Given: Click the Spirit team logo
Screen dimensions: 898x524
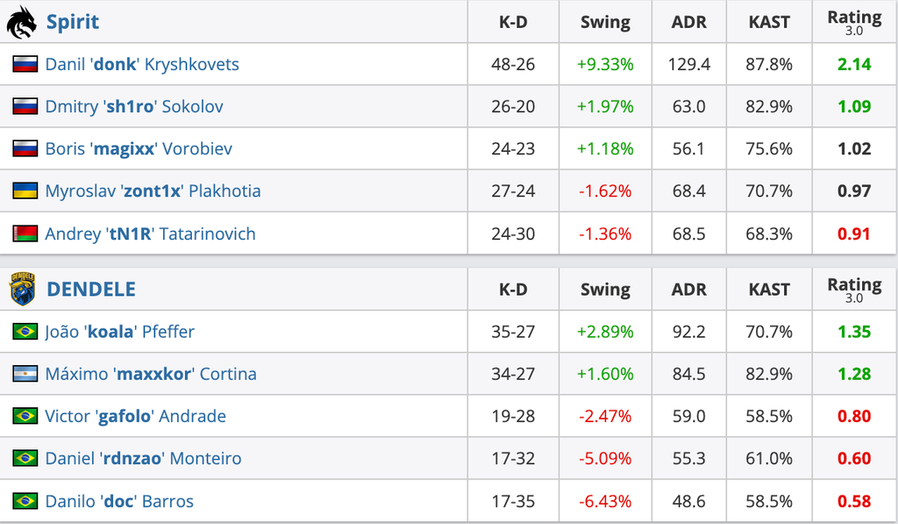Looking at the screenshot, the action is (x=22, y=22).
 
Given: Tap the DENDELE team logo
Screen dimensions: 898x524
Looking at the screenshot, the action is (x=22, y=289).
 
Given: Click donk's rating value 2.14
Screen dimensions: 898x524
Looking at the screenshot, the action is (x=854, y=64).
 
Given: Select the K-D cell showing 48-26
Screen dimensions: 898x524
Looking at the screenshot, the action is (x=512, y=64).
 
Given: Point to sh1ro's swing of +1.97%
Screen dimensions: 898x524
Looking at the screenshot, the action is (x=605, y=106).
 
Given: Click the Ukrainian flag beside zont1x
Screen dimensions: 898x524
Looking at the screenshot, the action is (x=25, y=191).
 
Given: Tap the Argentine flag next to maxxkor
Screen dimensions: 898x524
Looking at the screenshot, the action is (x=25, y=374).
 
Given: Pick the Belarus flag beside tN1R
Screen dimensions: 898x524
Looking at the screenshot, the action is (x=25, y=233).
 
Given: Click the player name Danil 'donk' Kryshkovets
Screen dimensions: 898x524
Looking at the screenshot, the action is (x=142, y=64).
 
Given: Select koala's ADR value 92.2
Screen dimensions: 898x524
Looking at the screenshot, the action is (x=688, y=332).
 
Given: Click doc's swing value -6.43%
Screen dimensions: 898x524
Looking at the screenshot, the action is (x=605, y=502).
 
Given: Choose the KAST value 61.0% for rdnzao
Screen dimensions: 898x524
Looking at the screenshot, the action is (x=768, y=459).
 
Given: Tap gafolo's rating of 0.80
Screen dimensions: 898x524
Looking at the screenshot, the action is (x=854, y=416).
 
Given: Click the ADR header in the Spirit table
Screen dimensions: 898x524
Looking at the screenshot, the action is (x=688, y=22).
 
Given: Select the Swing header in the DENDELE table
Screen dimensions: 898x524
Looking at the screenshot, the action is (x=605, y=290).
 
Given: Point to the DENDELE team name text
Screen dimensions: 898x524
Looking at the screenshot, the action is (x=91, y=290).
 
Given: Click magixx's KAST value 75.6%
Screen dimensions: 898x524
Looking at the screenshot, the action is (x=768, y=149).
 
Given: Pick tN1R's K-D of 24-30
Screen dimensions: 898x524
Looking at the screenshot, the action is (x=512, y=233).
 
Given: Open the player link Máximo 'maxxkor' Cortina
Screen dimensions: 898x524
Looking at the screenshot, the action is (x=151, y=374).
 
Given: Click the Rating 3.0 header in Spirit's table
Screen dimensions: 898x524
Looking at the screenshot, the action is (x=854, y=22).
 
